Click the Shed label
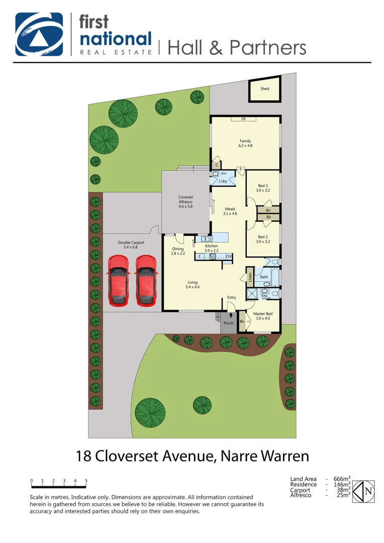click(x=264, y=89)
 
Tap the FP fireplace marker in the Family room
click(x=243, y=119)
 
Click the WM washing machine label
click(x=224, y=173)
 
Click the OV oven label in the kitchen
click(x=229, y=256)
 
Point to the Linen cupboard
click(x=249, y=278)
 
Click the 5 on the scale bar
click(x=86, y=481)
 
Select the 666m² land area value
click(x=342, y=479)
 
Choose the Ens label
click(x=264, y=296)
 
